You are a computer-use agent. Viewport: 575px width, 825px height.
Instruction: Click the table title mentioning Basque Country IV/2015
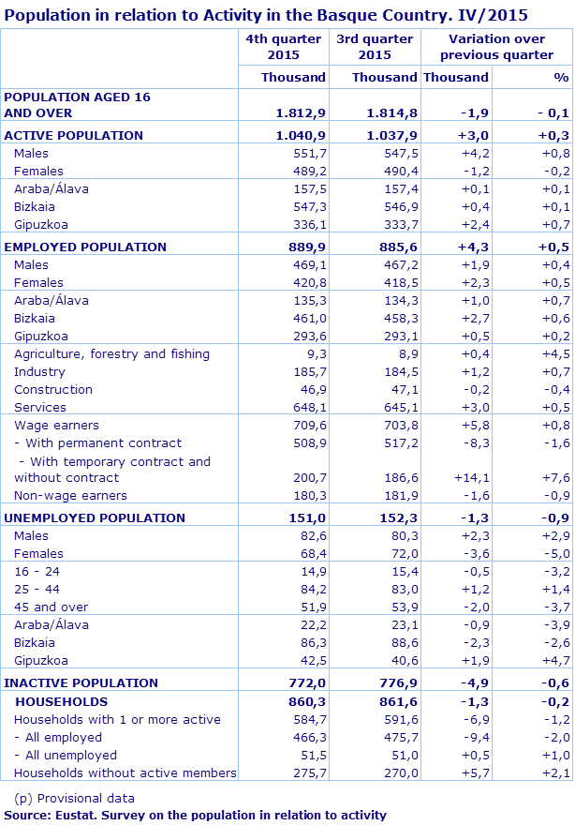(266, 15)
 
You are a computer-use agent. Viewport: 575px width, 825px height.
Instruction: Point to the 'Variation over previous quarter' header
(496, 47)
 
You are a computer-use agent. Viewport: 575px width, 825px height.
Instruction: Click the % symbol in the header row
(560, 77)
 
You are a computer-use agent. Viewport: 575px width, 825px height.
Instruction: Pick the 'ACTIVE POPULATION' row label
(74, 135)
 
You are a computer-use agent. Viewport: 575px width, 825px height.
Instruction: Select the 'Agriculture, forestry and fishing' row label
(111, 353)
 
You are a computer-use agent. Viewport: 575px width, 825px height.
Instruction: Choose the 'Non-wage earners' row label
(70, 495)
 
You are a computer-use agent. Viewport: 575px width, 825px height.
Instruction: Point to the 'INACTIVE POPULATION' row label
(81, 682)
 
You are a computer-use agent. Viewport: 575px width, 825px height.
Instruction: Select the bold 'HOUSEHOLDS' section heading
(61, 701)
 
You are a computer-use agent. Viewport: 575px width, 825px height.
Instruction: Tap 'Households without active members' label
(125, 772)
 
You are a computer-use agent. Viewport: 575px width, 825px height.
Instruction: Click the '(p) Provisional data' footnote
(74, 798)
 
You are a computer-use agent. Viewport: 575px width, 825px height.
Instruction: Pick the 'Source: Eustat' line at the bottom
(195, 815)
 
